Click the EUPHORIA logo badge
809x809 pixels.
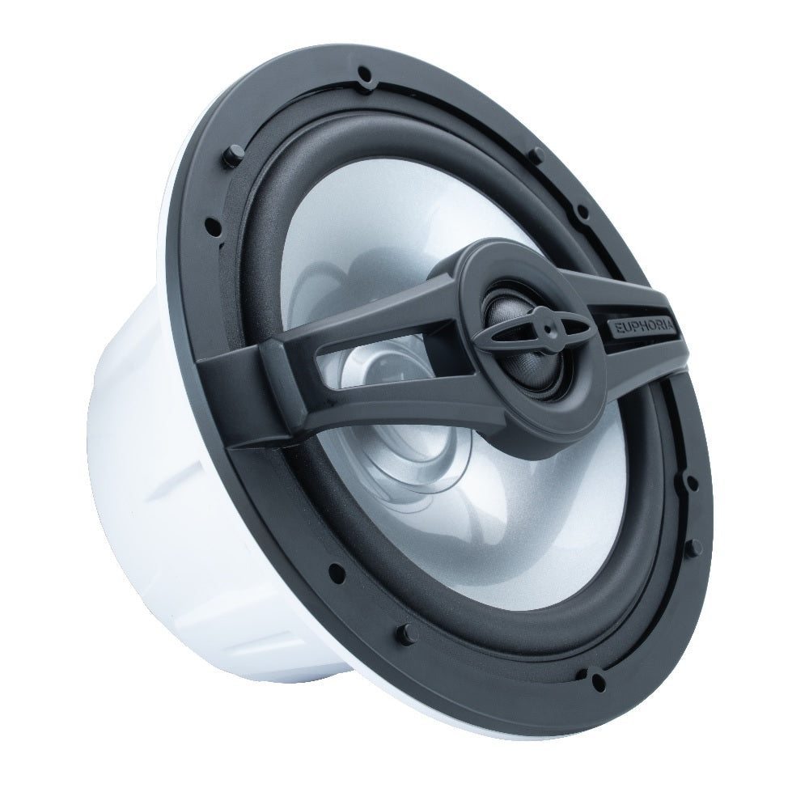645,332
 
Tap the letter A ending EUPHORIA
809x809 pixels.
675,338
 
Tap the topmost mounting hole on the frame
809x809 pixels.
365,72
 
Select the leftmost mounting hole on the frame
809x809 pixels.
210,224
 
